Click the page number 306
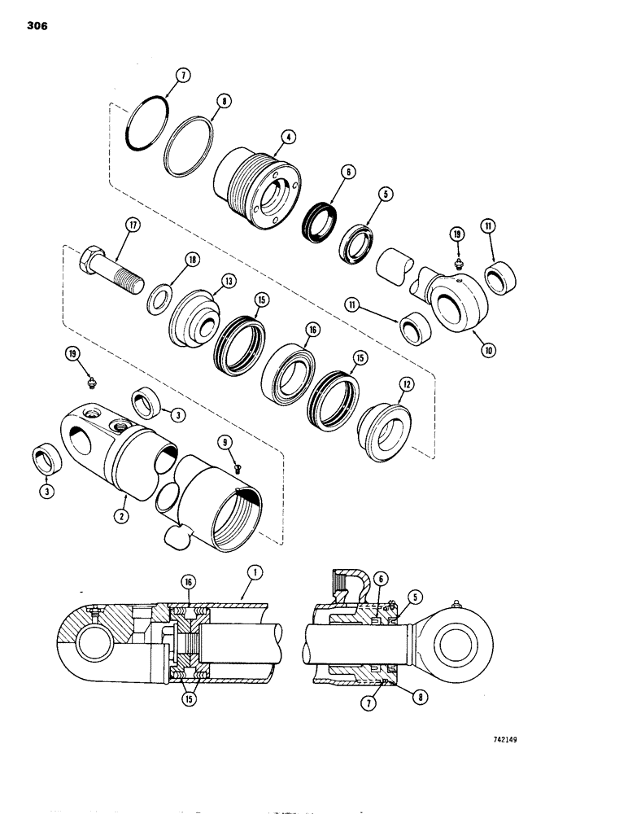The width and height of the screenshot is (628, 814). coord(37,26)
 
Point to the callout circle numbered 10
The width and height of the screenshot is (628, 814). coord(489,350)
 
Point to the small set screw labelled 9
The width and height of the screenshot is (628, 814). coord(238,467)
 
